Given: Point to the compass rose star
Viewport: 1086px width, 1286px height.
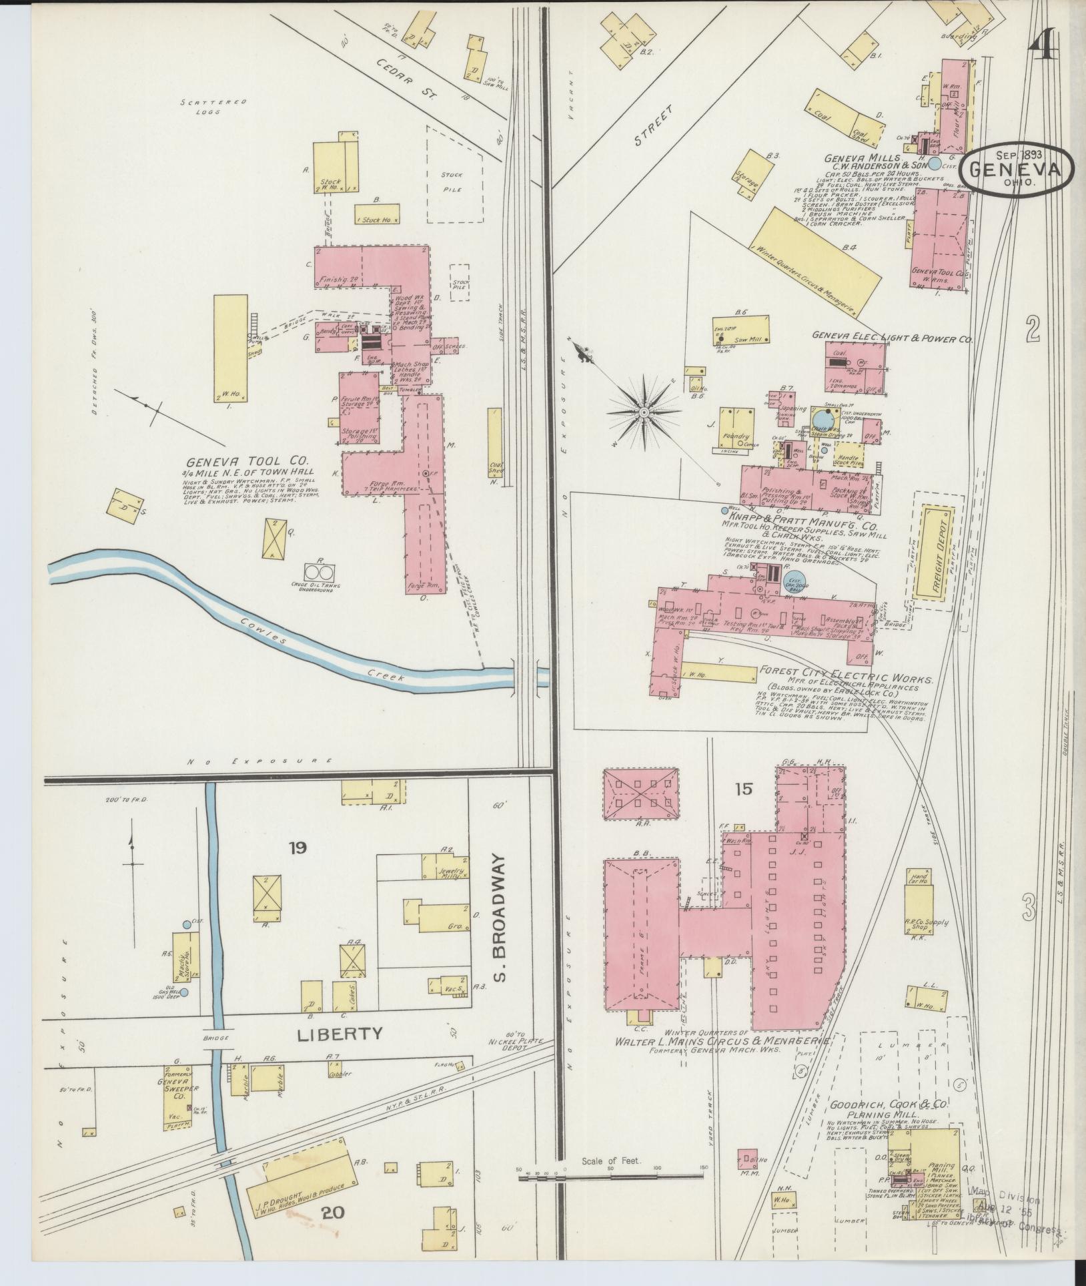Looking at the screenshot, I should (x=644, y=412).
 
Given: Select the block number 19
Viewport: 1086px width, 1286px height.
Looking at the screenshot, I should (x=298, y=848).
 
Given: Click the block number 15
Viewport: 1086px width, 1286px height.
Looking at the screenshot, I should (x=743, y=789).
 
